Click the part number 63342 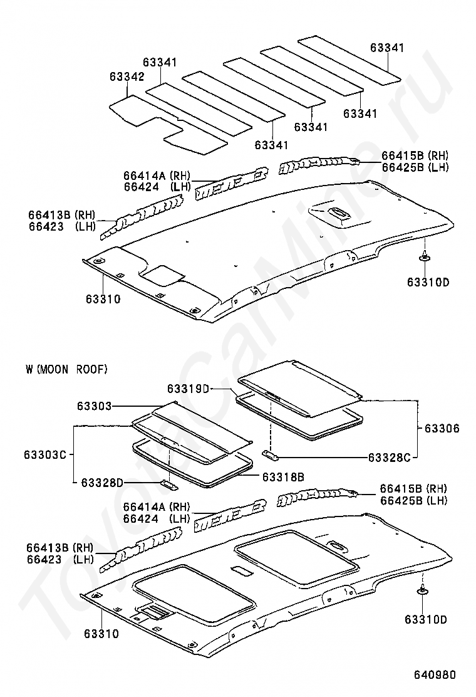click(127, 77)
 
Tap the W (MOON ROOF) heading click(66, 369)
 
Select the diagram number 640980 click(435, 675)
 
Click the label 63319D click(188, 389)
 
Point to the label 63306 click(442, 429)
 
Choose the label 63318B click(283, 477)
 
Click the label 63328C click(389, 458)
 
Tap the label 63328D click(101, 482)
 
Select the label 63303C click(45, 454)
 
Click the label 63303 click(94, 406)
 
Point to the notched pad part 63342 click(168, 127)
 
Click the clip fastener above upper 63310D click(425, 256)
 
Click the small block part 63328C click(271, 454)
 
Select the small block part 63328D click(169, 485)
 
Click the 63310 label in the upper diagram click(103, 299)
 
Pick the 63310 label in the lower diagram click(101, 634)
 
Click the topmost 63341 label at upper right click(387, 47)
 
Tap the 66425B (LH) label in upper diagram click(415, 167)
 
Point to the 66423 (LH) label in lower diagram click(60, 558)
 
